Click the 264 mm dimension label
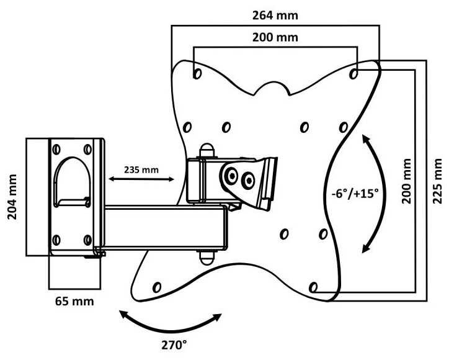point(274,12)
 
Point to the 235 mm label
point(141,169)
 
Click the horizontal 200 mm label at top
point(274,37)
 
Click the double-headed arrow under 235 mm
point(141,179)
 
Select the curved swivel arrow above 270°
point(171,323)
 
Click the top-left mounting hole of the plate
point(197,73)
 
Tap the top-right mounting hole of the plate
point(353,73)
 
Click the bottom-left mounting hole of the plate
point(156,287)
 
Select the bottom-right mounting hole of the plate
point(313,287)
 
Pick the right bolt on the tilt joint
point(248,181)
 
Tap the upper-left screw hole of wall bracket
point(57,149)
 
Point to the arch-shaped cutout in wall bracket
point(72,180)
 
